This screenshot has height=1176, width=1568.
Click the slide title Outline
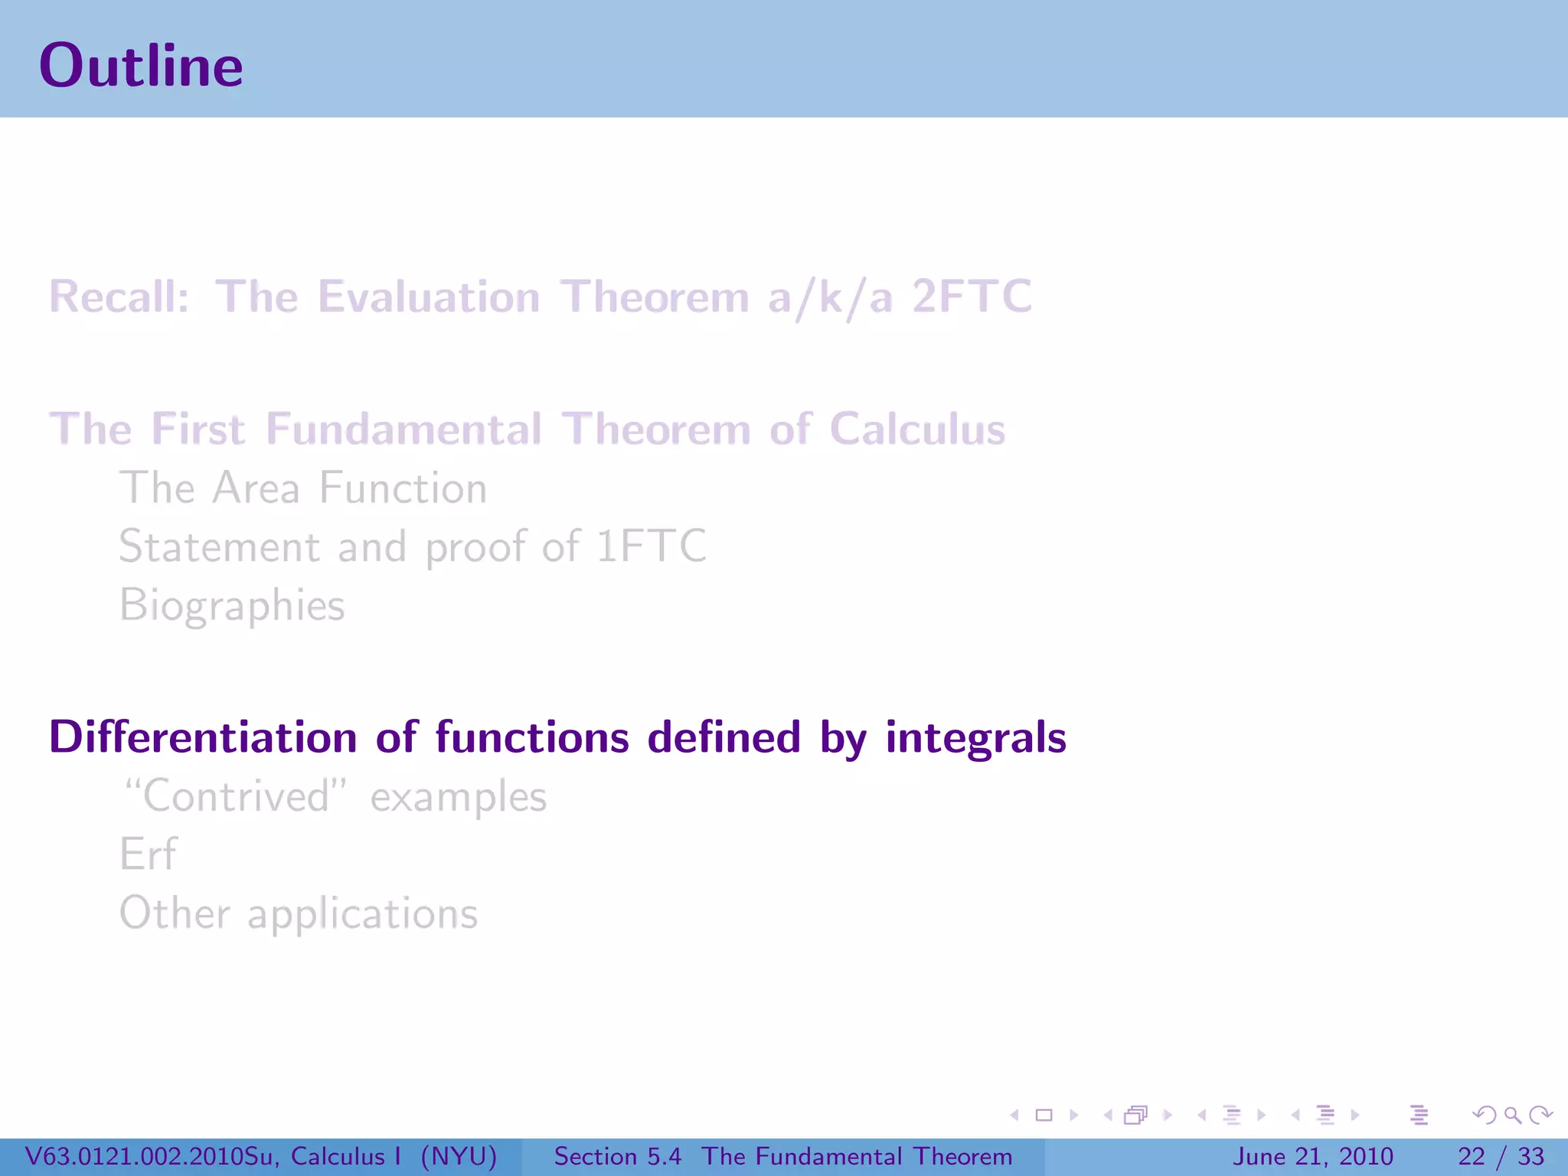pos(141,66)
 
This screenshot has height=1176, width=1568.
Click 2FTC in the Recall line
pos(972,297)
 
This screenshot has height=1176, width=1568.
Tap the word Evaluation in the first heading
pos(429,297)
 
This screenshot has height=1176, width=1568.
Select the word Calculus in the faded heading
pos(917,429)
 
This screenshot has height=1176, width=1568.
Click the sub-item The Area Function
pos(303,488)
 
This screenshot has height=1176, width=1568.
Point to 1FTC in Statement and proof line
pos(651,547)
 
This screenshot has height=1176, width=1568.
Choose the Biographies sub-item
pos(232,605)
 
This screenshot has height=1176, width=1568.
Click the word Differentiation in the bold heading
pos(203,737)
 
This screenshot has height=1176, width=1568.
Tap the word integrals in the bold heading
pos(975,737)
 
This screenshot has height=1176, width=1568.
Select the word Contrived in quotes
pos(236,796)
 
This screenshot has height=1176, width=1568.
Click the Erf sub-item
pos(148,854)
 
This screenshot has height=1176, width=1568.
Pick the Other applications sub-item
pos(299,913)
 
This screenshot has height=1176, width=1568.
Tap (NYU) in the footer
pos(459,1156)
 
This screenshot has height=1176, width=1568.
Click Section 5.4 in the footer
pos(617,1156)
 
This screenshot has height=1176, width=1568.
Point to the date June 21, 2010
pos(1312,1156)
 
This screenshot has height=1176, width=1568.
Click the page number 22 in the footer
pos(1472,1156)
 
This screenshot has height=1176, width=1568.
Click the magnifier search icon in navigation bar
pos(1512,1115)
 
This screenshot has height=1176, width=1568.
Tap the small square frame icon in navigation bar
pos(1044,1115)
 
